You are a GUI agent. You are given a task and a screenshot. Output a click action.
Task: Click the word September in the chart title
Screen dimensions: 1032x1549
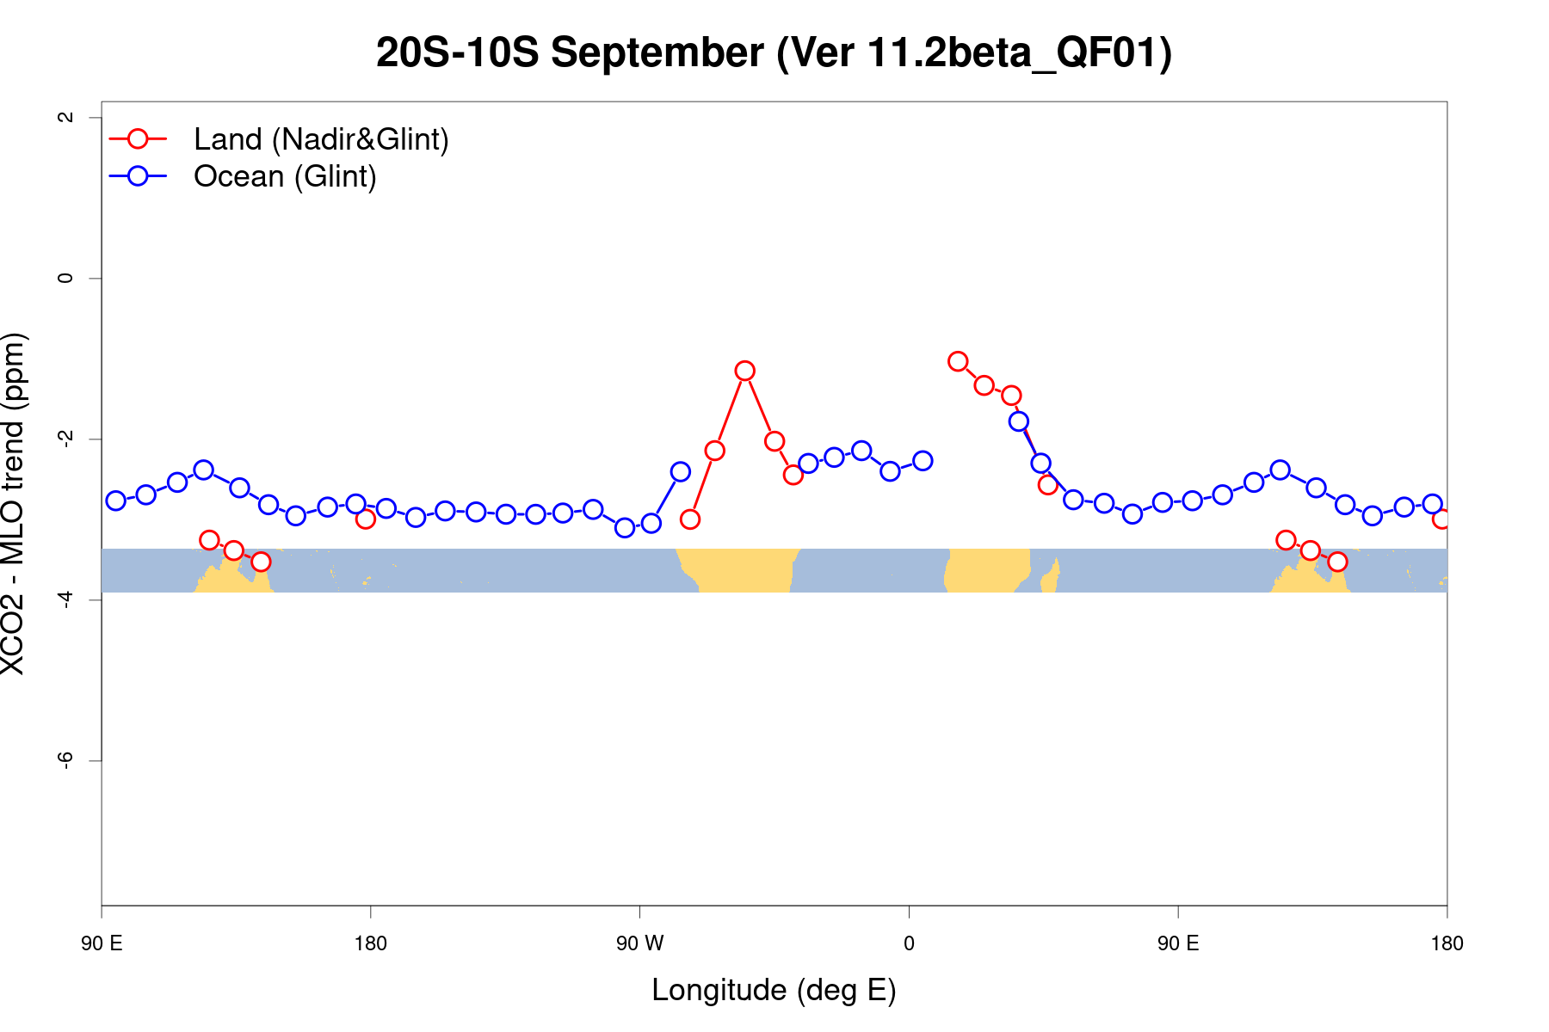(657, 53)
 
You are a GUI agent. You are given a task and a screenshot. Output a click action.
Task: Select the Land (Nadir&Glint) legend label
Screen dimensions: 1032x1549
(321, 139)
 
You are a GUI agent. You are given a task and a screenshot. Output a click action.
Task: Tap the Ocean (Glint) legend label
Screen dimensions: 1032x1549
(285, 176)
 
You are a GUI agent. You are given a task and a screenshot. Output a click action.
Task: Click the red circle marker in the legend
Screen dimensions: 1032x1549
(138, 138)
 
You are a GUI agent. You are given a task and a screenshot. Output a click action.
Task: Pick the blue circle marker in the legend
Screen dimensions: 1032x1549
(138, 175)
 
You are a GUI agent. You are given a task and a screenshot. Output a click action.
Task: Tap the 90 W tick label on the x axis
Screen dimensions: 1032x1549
(639, 943)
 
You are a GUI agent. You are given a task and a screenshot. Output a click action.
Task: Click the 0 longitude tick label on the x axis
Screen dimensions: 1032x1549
(909, 943)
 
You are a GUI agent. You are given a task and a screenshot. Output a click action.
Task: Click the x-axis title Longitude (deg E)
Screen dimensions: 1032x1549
(774, 990)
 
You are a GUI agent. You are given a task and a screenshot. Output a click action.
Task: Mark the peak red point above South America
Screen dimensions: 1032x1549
(745, 371)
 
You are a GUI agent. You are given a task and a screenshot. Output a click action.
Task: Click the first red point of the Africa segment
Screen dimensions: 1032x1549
(958, 361)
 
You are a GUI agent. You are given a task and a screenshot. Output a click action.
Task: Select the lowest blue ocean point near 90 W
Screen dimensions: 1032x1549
(625, 527)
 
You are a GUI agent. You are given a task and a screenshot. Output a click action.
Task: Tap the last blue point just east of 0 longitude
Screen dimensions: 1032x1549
(923, 461)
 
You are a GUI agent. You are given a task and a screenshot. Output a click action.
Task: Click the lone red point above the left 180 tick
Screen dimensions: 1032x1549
(366, 519)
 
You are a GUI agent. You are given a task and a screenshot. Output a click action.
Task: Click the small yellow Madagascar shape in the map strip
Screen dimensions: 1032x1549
(1051, 575)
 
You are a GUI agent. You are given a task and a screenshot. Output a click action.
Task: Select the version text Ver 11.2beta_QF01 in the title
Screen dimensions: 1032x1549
(974, 53)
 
